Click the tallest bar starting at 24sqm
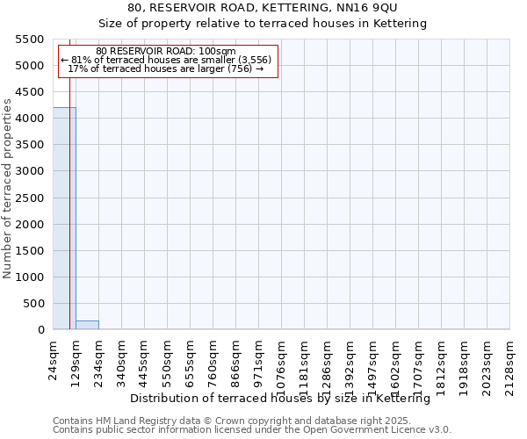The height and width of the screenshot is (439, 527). pyautogui.click(x=64, y=219)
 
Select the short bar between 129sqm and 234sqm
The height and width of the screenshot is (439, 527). pyautogui.click(x=87, y=325)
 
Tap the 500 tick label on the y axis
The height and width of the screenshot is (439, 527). pyautogui.click(x=34, y=304)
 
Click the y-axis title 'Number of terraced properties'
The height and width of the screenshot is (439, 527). pyautogui.click(x=8, y=189)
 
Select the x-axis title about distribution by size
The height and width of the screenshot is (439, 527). pyautogui.click(x=285, y=399)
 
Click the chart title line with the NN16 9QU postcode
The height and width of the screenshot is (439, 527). pyautogui.click(x=263, y=8)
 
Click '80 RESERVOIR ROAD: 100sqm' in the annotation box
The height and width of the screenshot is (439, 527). pyautogui.click(x=166, y=52)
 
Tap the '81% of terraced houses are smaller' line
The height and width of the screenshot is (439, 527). pyautogui.click(x=166, y=60)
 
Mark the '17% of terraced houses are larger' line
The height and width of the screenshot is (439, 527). pyautogui.click(x=166, y=68)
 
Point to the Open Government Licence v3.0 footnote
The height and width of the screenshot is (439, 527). pyautogui.click(x=252, y=430)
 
